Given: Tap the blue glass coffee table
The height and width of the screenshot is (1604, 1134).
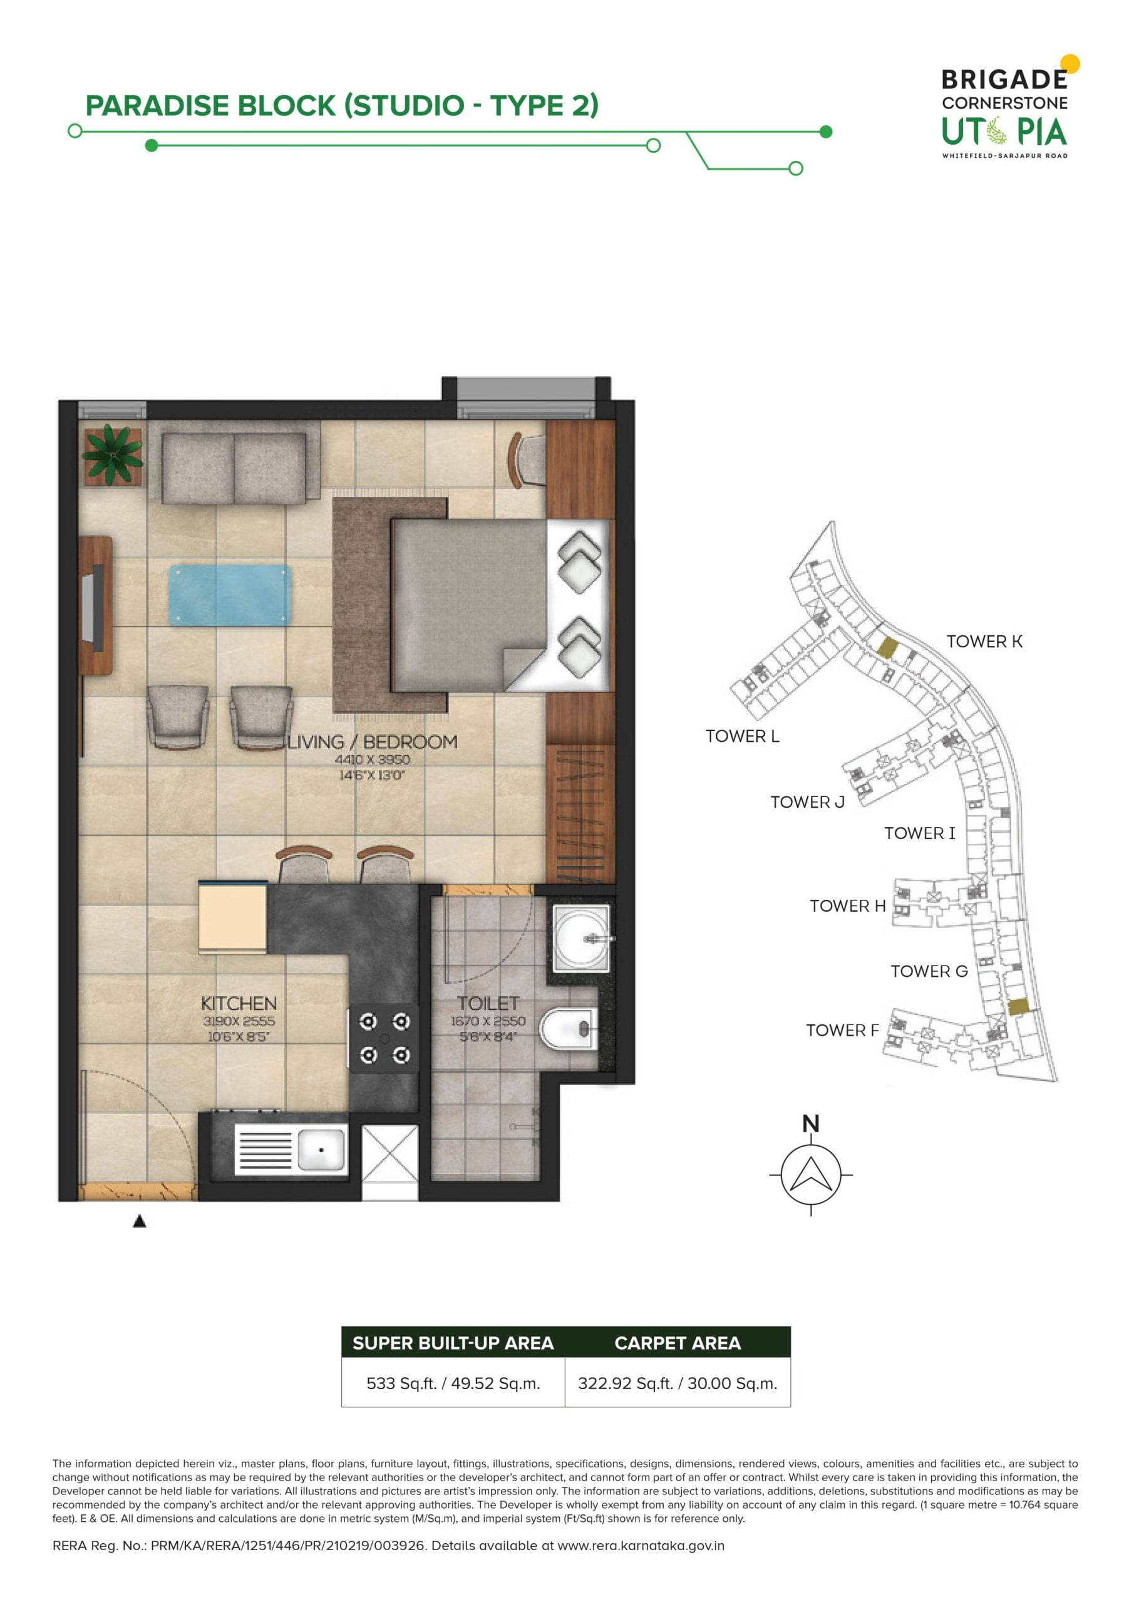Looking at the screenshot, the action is click(230, 595).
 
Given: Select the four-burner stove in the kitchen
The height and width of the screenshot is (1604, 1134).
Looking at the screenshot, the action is click(384, 1038).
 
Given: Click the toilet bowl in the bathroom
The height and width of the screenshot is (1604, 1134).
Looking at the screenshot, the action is click(569, 1029).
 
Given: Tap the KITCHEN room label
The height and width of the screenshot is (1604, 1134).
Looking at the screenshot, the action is click(239, 1003).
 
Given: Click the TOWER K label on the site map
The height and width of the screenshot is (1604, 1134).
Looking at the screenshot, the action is click(984, 642).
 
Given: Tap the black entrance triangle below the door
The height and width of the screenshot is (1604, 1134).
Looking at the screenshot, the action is click(140, 1221).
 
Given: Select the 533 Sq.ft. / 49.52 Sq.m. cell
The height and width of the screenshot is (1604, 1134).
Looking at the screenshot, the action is click(453, 1383).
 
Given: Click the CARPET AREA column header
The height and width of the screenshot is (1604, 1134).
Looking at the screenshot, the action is click(678, 1343).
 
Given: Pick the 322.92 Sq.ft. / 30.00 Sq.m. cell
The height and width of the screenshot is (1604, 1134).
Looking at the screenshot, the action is click(678, 1383).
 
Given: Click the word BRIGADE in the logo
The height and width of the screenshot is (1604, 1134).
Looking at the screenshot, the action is click(1004, 80).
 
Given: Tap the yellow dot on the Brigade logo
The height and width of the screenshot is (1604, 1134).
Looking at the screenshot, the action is click(1070, 63).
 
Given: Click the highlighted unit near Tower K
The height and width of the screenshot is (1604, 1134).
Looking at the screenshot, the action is click(886, 648).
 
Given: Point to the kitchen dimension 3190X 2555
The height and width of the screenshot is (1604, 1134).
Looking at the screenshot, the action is click(239, 1021).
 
